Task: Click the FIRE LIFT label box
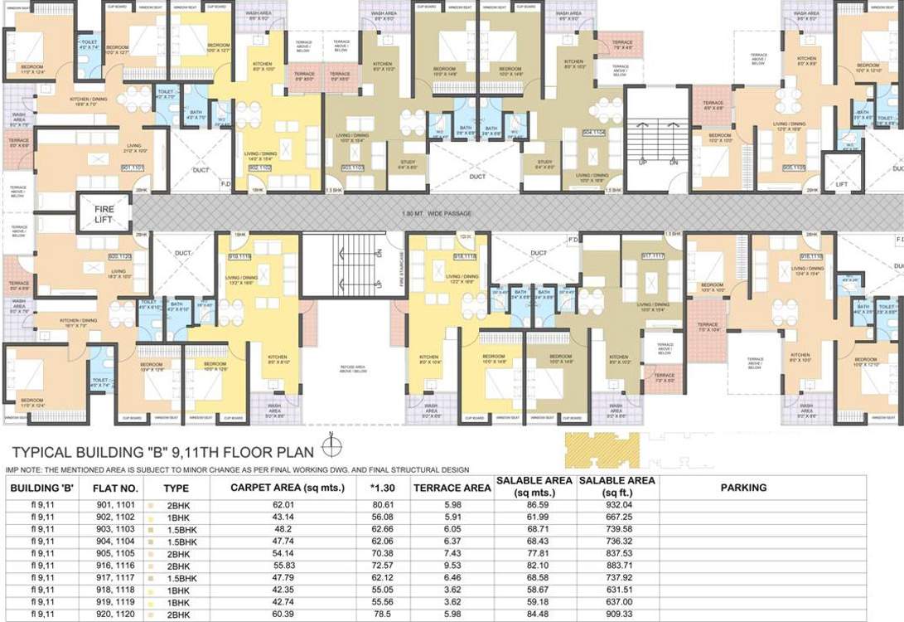point(104,214)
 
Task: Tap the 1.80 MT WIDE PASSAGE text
point(450,214)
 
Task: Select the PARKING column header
point(743,488)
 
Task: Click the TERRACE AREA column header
point(452,488)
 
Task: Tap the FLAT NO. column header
point(116,488)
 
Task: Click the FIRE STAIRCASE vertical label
point(400,269)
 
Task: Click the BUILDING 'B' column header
point(41,488)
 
